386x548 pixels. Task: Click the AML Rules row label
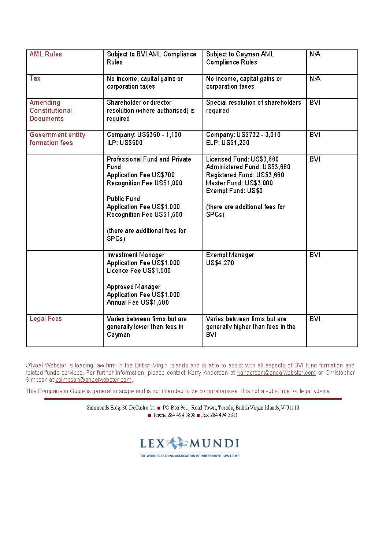(x=46, y=54)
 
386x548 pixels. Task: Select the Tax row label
(x=35, y=78)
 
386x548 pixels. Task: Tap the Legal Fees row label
(x=46, y=319)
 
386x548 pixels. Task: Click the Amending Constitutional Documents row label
(x=51, y=111)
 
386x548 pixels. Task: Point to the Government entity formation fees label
(x=57, y=139)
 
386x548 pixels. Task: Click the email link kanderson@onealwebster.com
(x=276, y=373)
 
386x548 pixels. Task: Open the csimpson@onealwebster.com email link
(x=93, y=380)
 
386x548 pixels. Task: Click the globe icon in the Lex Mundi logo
(x=177, y=443)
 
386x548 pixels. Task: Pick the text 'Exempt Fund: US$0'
(x=234, y=191)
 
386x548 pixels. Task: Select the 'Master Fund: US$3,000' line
(x=239, y=183)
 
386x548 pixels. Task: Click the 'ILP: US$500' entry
(x=125, y=143)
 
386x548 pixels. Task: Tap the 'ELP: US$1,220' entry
(x=227, y=143)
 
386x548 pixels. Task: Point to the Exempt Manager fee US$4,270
(x=220, y=263)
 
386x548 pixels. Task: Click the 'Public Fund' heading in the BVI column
(x=123, y=199)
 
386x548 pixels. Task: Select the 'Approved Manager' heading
(x=133, y=287)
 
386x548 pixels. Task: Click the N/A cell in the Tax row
(x=315, y=78)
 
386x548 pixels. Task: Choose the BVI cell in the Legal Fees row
(x=315, y=319)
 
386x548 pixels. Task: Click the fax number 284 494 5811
(x=224, y=415)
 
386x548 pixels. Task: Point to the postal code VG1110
(x=290, y=408)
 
